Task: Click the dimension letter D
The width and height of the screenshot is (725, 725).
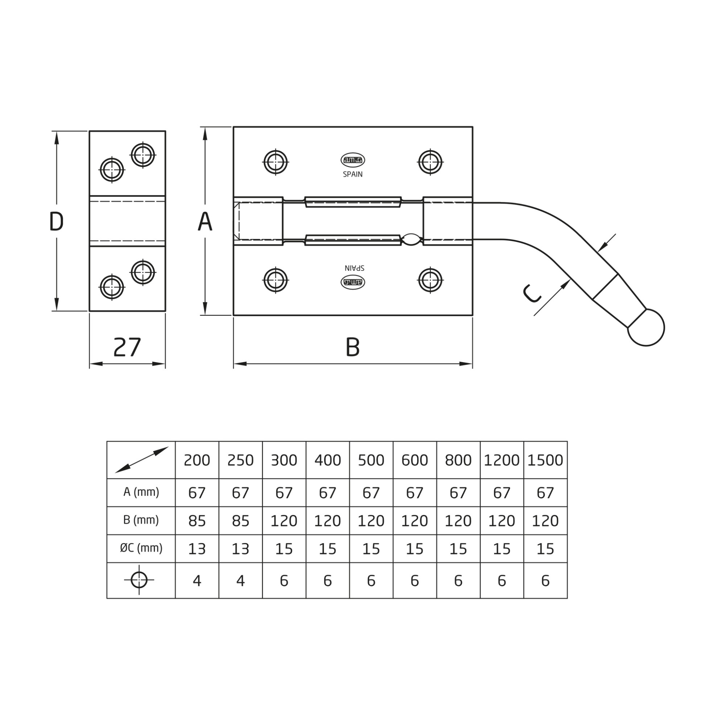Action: [57, 221]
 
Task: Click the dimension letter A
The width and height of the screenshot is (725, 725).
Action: [205, 221]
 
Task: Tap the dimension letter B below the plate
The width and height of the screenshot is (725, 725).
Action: [352, 347]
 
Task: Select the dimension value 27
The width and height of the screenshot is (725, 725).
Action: [127, 347]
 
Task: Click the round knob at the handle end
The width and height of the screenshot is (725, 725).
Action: [647, 328]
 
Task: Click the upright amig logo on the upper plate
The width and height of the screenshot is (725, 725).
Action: [353, 160]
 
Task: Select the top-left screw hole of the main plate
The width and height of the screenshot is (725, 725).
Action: [275, 162]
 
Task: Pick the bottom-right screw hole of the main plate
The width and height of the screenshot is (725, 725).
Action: [430, 280]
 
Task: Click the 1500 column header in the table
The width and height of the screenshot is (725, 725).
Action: [545, 460]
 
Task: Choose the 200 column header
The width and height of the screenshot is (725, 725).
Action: [197, 460]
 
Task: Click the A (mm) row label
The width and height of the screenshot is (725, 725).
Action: [141, 492]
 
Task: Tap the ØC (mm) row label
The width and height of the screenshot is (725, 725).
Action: [141, 548]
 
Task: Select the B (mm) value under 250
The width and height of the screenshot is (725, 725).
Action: [241, 521]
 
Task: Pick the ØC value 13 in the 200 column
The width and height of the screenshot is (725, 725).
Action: [197, 549]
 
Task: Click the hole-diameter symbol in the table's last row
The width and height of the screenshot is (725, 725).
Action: [139, 580]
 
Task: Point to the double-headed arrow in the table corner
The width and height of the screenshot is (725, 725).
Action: [141, 460]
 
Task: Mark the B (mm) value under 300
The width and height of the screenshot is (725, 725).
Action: [284, 521]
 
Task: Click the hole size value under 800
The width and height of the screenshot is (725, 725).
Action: [458, 581]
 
